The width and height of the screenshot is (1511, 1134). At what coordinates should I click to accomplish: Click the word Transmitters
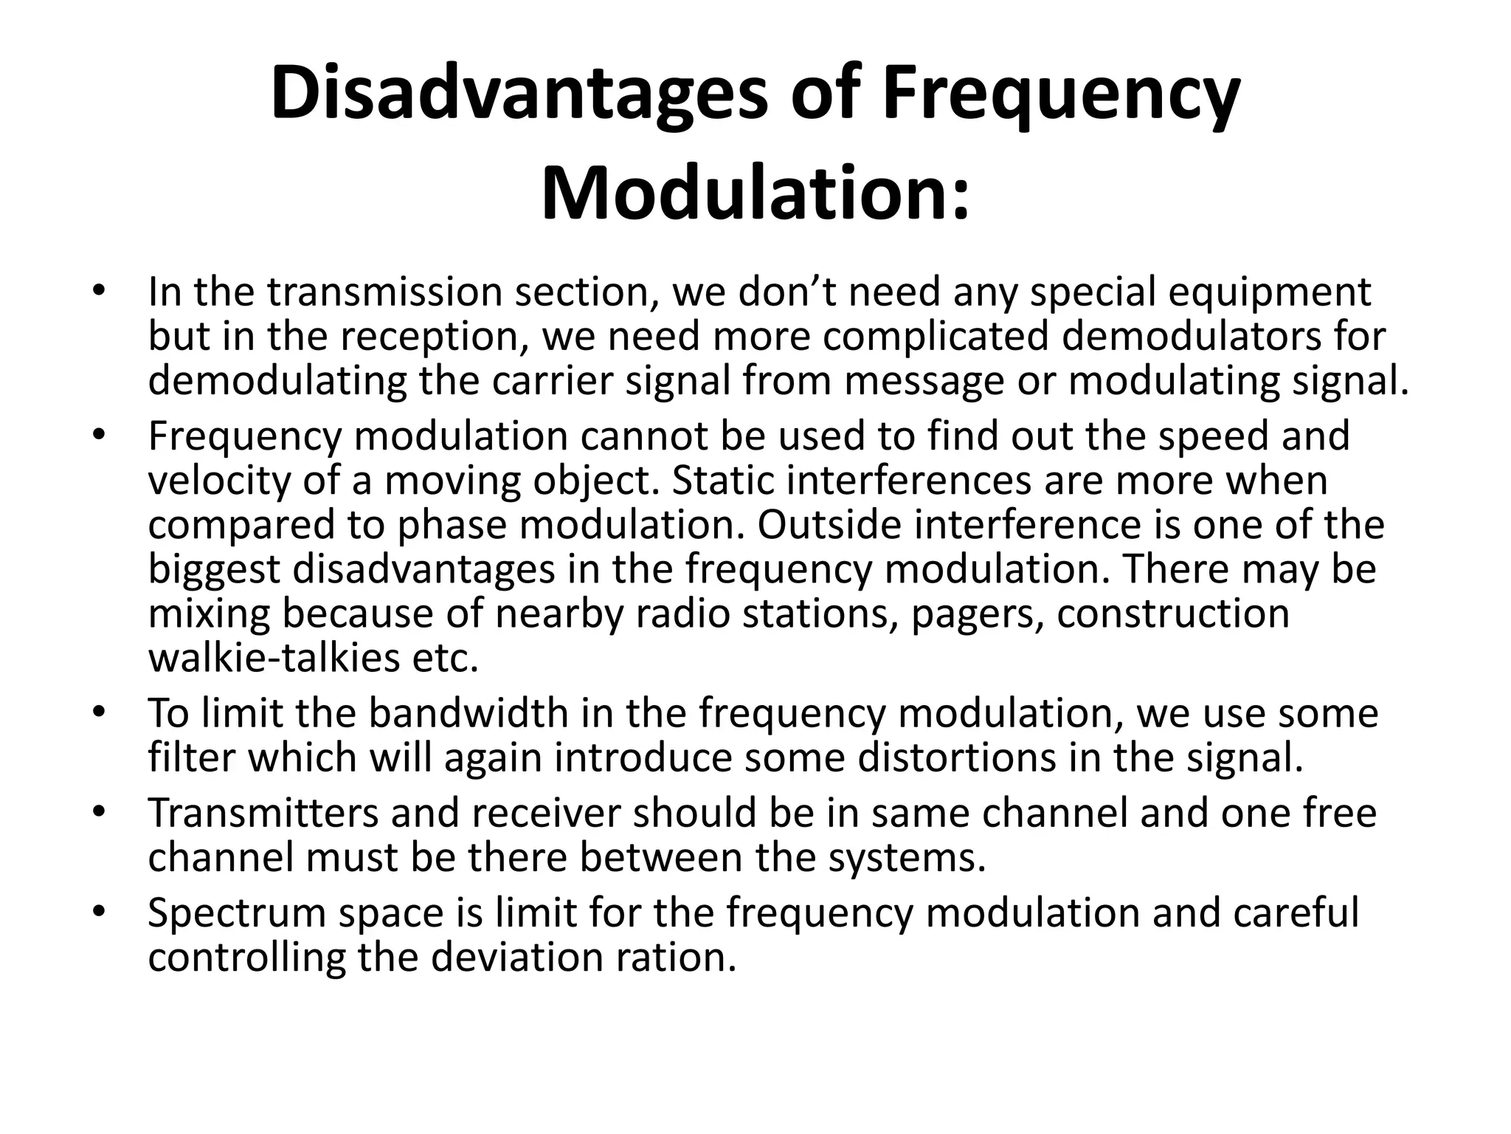pyautogui.click(x=263, y=813)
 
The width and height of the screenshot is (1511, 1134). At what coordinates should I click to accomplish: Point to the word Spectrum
pyautogui.click(x=236, y=913)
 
